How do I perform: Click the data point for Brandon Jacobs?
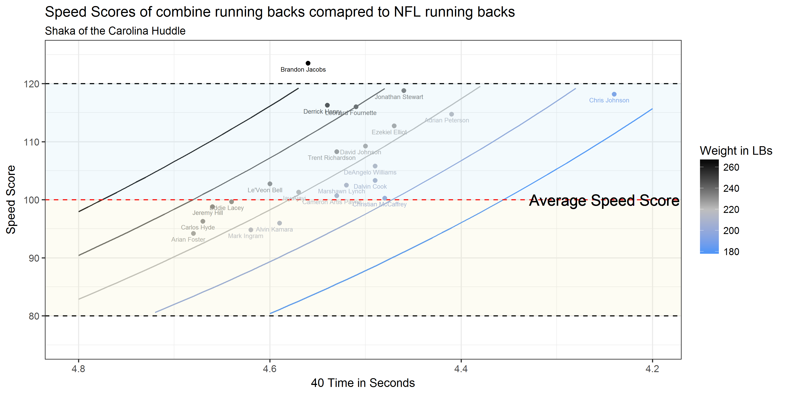point(308,63)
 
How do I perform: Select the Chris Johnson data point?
point(614,94)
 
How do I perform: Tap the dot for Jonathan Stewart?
point(404,91)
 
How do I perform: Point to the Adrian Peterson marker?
point(452,114)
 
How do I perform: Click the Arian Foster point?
point(193,233)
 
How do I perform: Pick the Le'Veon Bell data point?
point(270,184)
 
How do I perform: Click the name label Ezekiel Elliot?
point(389,132)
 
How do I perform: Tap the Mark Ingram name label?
point(246,236)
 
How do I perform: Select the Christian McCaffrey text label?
point(379,204)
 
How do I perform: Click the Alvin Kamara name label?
point(274,230)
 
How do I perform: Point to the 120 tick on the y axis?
point(32,84)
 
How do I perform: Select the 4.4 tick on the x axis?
point(461,369)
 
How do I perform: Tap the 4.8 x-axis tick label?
point(79,369)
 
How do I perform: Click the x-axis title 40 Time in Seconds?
point(363,383)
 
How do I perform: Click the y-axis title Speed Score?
point(11,200)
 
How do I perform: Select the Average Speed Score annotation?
point(604,201)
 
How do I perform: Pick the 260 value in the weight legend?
point(731,167)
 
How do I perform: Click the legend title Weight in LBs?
point(736,151)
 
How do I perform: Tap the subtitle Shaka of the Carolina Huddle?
point(115,31)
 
